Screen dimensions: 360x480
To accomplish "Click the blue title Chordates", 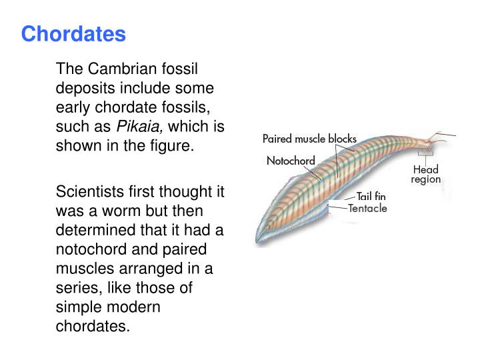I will pos(73,34).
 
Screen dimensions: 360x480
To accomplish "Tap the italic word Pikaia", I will pos(136,127).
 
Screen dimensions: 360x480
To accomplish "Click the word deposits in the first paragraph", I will pos(84,89).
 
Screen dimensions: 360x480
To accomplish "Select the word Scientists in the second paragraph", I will pos(87,192).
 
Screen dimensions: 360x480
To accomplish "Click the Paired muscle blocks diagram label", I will pos(309,139).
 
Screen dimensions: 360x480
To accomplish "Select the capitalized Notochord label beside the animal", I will pos(291,161).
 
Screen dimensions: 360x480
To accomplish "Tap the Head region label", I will pos(425,175).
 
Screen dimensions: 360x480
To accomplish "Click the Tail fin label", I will pos(371,197).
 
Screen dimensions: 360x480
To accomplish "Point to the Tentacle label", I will pos(367,208).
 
